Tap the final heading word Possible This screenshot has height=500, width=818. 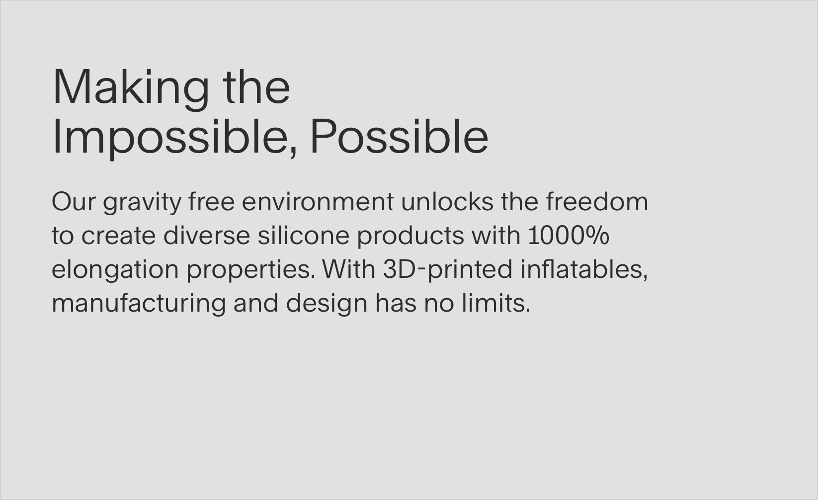[x=399, y=136]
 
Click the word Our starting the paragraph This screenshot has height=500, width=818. [x=74, y=202]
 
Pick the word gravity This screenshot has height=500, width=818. [x=142, y=203]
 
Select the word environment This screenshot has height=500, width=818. [x=318, y=202]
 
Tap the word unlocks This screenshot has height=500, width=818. [x=447, y=201]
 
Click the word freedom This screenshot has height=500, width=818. [x=597, y=201]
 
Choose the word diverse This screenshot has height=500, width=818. [x=207, y=235]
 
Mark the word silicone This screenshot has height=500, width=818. [x=304, y=235]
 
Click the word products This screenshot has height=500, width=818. [x=410, y=236]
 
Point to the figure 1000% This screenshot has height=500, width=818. [x=569, y=235]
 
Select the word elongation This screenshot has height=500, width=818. [x=115, y=271]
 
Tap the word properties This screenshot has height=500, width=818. [x=251, y=271]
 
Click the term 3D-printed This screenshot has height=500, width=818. [x=448, y=270]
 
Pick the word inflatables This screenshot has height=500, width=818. [x=584, y=269]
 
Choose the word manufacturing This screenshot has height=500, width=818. [x=139, y=304]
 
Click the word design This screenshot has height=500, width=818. [x=327, y=304]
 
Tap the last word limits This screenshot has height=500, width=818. [x=496, y=303]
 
